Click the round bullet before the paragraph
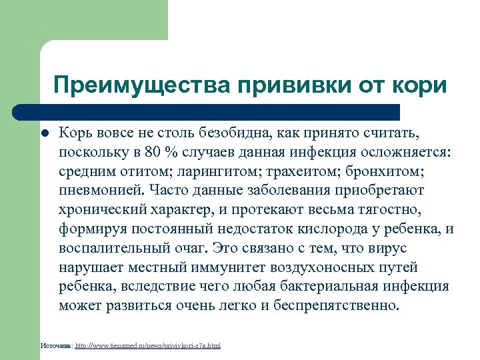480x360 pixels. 43,133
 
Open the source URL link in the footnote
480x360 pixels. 148,345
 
